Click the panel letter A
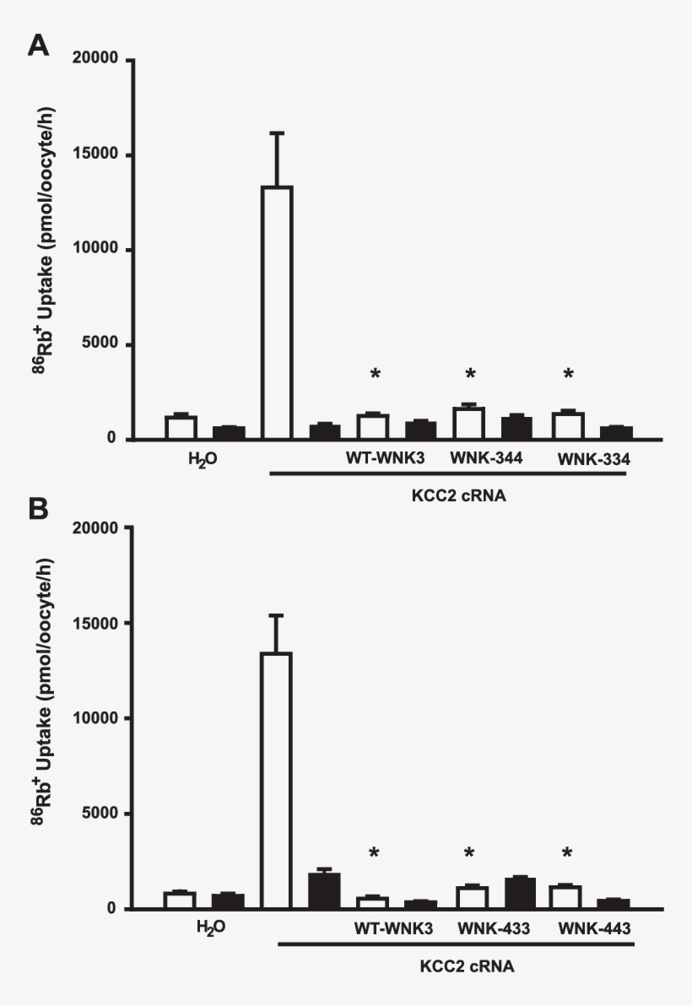click(38, 45)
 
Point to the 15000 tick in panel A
click(127, 155)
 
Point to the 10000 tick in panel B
click(127, 718)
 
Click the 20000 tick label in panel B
click(96, 527)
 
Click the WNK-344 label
click(479, 457)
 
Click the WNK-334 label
click(594, 457)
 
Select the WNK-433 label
click(494, 928)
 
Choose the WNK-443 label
click(594, 928)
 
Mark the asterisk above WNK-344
click(471, 374)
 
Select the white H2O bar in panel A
click(181, 427)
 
